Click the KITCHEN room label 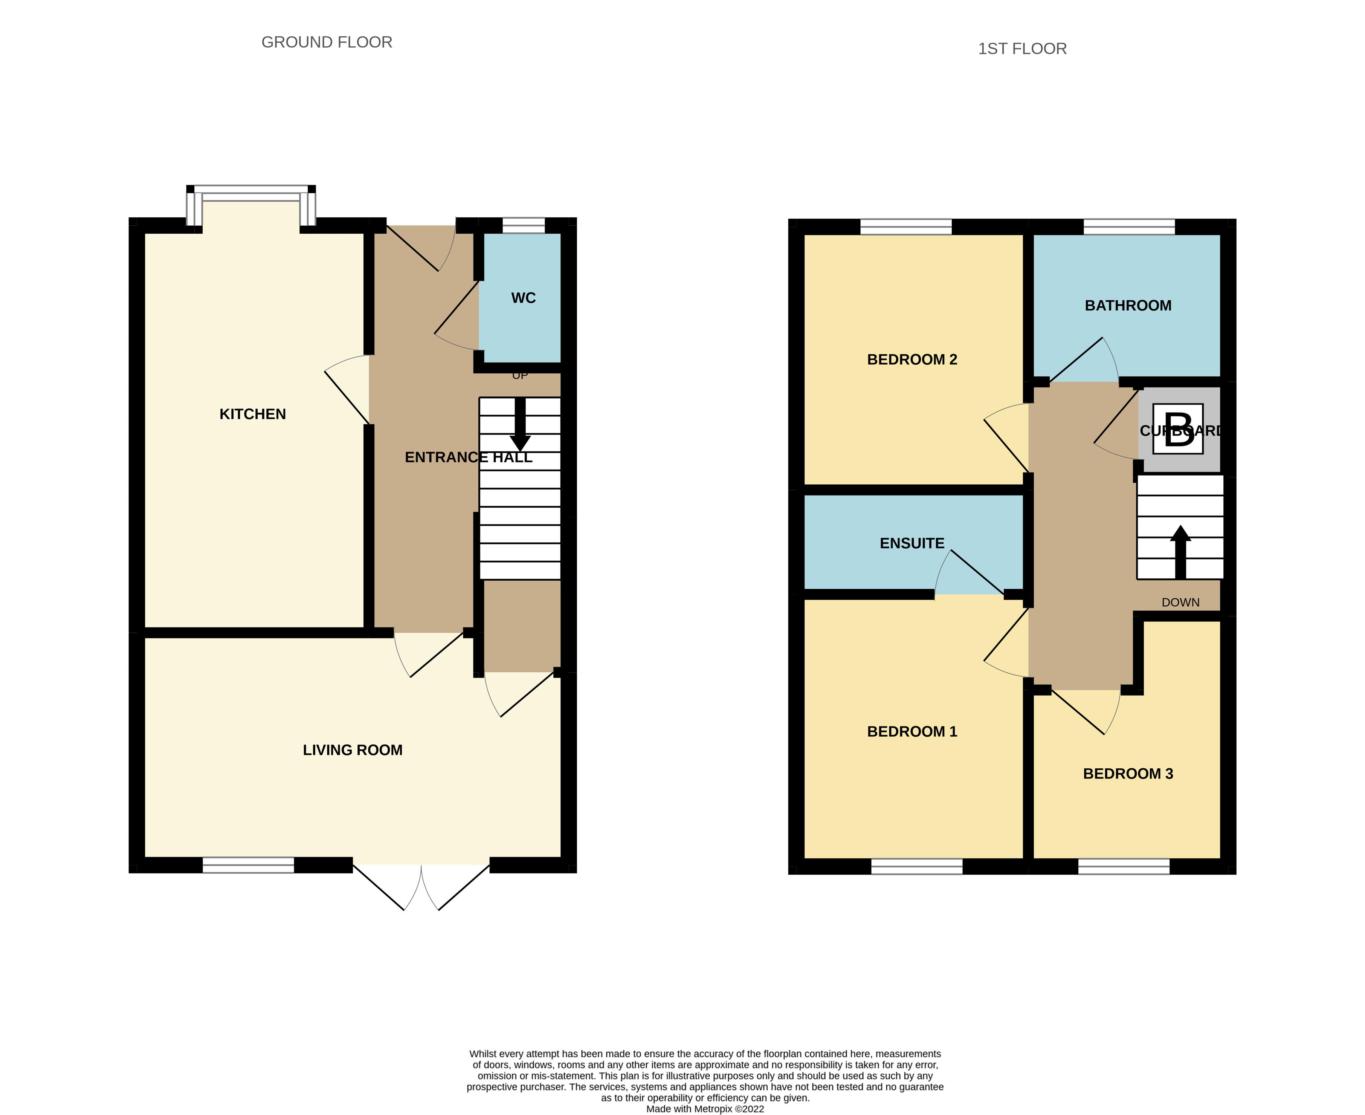pyautogui.click(x=252, y=414)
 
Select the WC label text pyautogui.click(x=523, y=298)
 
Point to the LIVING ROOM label pyautogui.click(x=353, y=750)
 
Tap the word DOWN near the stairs pyautogui.click(x=1180, y=603)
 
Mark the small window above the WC pyautogui.click(x=523, y=225)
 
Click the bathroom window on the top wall pyautogui.click(x=1129, y=227)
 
